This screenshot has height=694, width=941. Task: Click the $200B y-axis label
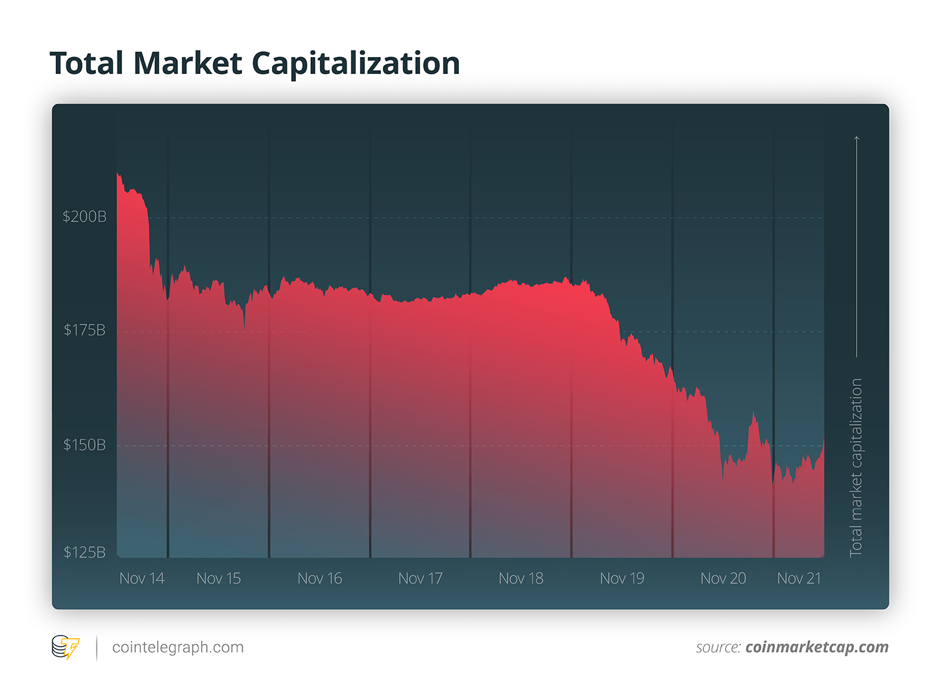point(84,217)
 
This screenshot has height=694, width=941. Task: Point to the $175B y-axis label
point(84,330)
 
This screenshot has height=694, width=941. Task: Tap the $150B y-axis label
point(84,445)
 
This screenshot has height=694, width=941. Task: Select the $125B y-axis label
point(84,552)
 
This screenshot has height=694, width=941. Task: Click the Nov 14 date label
point(142,578)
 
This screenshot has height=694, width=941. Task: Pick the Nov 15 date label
point(219,578)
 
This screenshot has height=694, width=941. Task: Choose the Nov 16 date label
point(320,578)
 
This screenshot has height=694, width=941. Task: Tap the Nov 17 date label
point(421,578)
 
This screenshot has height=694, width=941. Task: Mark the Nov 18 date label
point(521,578)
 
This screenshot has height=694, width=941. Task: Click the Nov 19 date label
point(622,578)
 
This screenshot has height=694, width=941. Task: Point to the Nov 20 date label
point(724,578)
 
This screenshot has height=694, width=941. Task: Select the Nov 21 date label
point(799,578)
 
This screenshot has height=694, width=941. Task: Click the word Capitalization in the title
point(356,64)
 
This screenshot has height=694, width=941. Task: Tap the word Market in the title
point(188,64)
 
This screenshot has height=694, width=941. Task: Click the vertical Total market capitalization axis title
point(856,467)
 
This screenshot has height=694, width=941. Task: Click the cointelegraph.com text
point(178,647)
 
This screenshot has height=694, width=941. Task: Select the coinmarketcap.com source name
point(817,647)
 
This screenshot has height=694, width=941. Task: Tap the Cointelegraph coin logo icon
point(65,647)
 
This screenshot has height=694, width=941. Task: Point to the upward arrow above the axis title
point(857,246)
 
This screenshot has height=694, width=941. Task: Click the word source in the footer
point(718,647)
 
